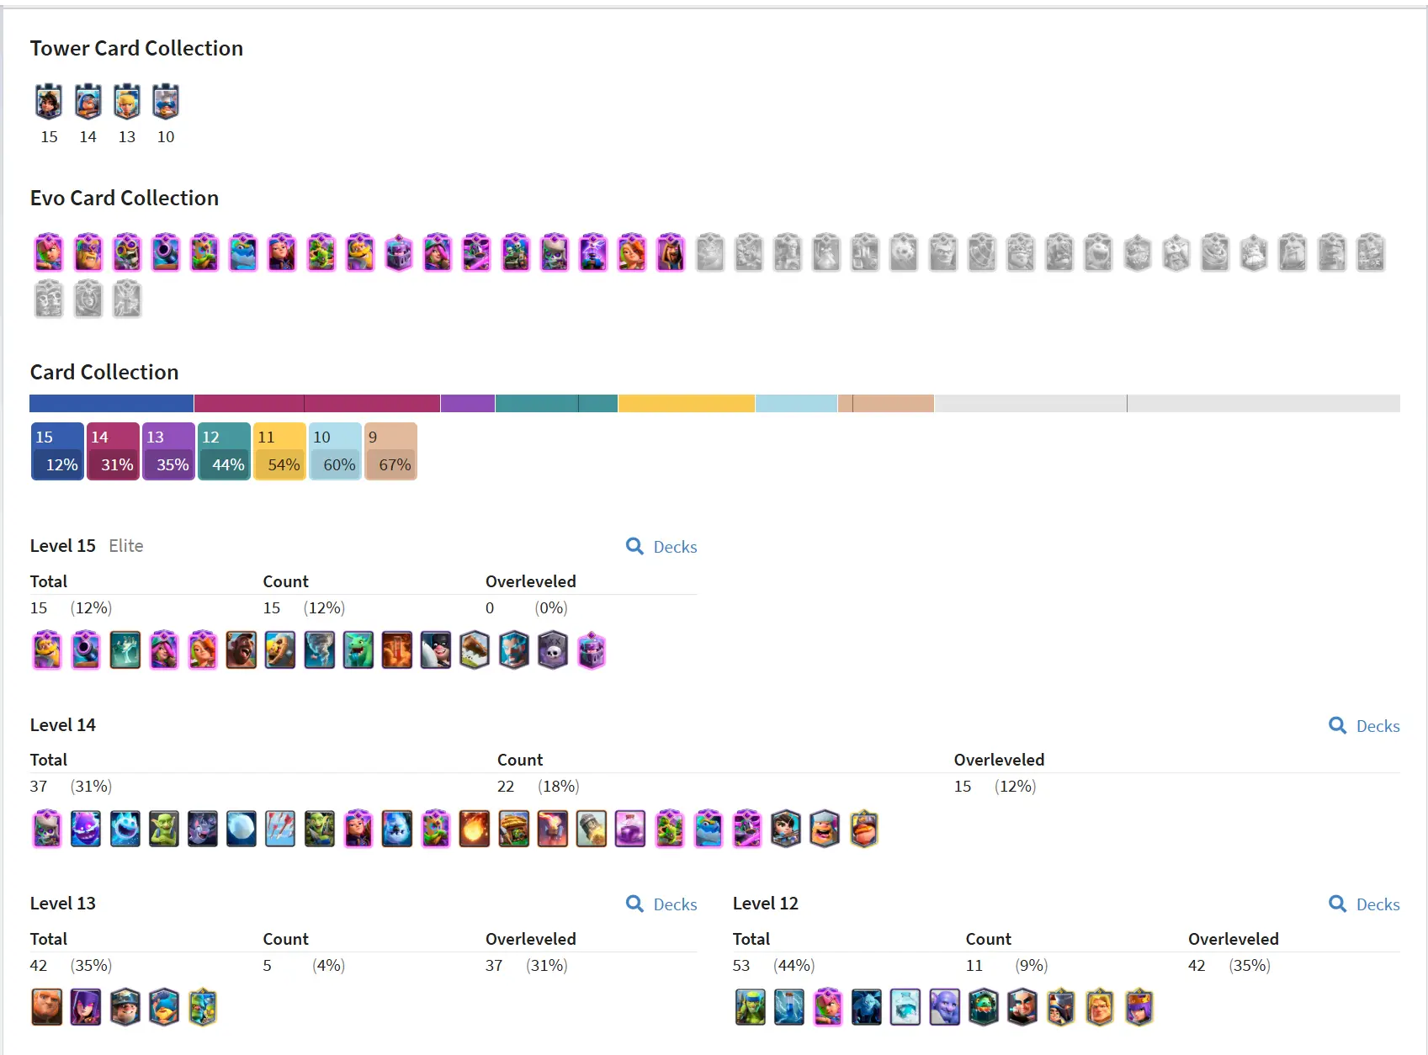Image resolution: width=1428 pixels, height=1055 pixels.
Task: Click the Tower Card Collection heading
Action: point(136,49)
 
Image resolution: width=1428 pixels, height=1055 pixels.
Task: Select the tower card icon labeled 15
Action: point(49,103)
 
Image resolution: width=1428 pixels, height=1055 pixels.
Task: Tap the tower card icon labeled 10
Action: point(166,103)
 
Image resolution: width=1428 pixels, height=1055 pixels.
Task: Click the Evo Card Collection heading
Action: point(125,199)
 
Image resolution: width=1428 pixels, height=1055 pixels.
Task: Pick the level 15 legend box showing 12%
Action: point(57,452)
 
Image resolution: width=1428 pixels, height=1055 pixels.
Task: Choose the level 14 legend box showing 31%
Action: point(113,452)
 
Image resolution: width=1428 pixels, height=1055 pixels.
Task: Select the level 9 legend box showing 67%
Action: point(390,452)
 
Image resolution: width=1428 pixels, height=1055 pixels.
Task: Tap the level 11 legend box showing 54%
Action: point(279,452)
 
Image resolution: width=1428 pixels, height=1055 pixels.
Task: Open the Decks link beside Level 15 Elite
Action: point(663,547)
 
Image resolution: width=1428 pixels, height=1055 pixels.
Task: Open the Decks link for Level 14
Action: point(1366,726)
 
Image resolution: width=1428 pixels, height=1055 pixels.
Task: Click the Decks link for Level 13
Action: point(663,904)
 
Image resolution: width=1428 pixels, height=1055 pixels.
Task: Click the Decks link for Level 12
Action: point(1366,904)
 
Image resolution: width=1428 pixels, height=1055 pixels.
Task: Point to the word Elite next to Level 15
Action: point(126,546)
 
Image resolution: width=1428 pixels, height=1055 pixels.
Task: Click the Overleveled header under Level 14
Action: point(999,761)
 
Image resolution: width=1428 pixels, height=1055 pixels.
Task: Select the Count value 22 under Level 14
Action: point(506,787)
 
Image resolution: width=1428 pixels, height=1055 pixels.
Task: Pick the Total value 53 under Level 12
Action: point(741,966)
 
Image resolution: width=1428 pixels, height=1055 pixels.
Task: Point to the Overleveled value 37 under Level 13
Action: point(494,966)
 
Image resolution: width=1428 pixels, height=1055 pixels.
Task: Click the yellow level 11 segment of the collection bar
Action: point(686,404)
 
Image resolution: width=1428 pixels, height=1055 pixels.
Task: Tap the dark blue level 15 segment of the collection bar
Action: point(111,404)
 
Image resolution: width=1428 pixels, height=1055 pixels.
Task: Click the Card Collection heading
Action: point(104,373)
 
